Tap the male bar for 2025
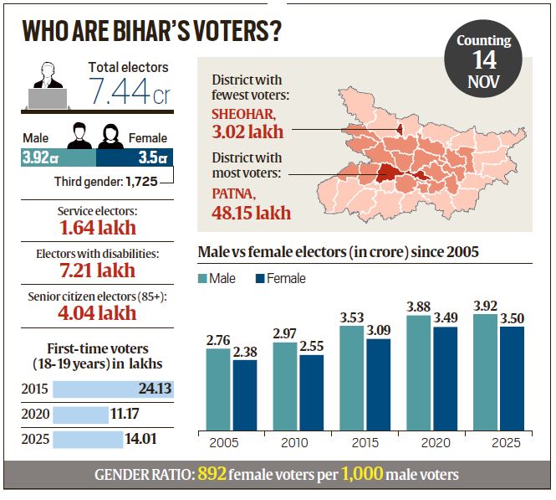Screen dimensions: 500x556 coord(485,372)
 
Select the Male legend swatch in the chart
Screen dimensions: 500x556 coord(204,278)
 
